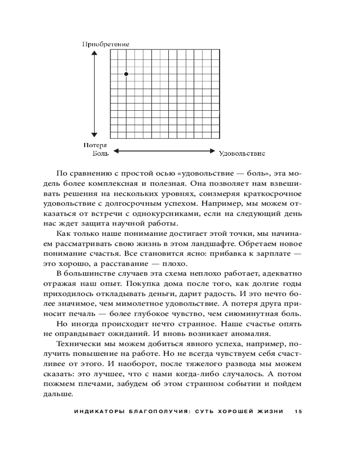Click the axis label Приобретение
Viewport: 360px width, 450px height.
(x=106, y=44)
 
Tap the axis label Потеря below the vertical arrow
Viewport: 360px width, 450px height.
(x=94, y=145)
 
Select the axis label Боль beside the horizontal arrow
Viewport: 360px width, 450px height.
(x=100, y=153)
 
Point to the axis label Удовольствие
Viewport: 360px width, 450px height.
(x=242, y=153)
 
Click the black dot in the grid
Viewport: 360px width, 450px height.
(x=126, y=74)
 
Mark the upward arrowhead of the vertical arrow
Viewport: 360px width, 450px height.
(x=94, y=54)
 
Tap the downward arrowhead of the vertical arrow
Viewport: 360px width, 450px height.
(x=94, y=134)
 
